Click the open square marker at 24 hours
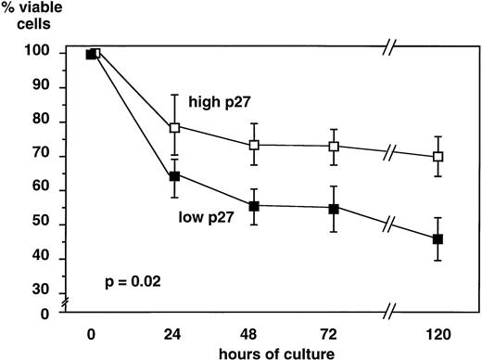pos(174,127)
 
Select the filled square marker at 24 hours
pos(174,174)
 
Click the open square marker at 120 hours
pos(438,157)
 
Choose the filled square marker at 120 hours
pos(438,239)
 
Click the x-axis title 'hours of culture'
pos(256,352)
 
